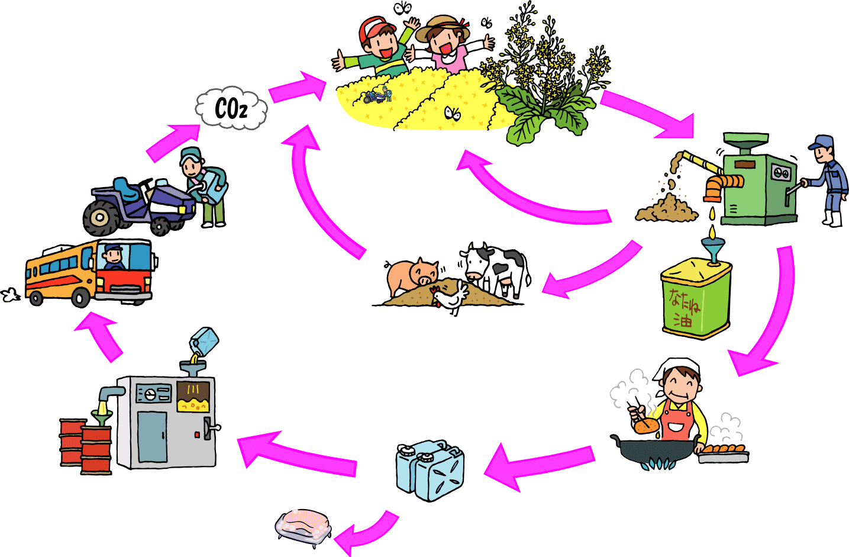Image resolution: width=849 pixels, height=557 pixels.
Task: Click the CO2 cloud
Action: (231, 109)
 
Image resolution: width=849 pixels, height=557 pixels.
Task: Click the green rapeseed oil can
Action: (696, 299)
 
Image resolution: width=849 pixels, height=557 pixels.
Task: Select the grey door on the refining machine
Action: (153, 436)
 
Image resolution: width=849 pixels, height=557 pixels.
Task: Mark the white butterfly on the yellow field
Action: (453, 112)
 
